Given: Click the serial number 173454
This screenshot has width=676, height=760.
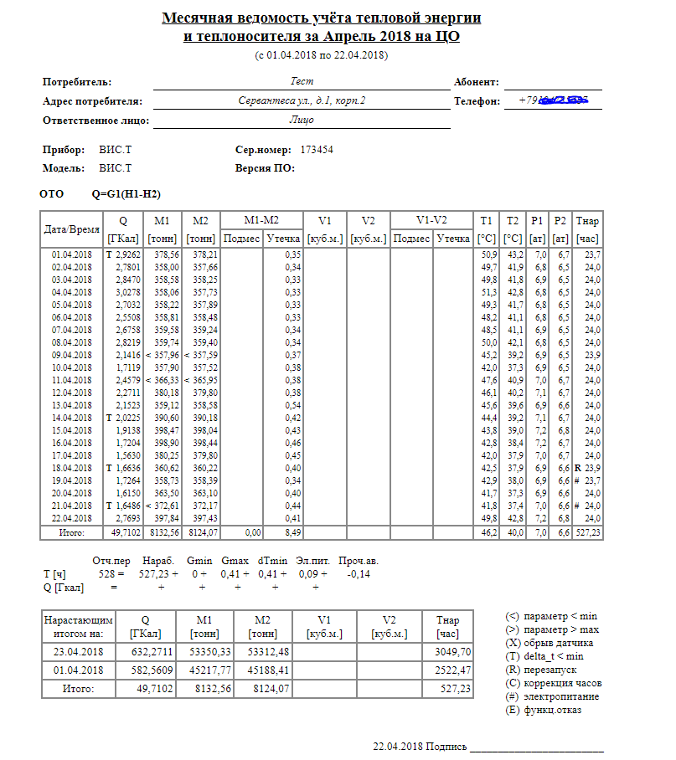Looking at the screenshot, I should pyautogui.click(x=317, y=151).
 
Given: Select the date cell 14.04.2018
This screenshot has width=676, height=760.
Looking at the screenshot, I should pyautogui.click(x=72, y=418).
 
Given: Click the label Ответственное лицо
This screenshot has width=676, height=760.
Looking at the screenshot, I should pyautogui.click(x=95, y=121).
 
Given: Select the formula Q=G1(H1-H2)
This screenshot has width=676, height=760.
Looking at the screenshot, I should pyautogui.click(x=126, y=194).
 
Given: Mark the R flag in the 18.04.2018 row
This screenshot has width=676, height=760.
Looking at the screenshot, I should pyautogui.click(x=578, y=468).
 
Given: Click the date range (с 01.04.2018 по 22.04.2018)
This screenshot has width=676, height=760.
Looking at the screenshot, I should pyautogui.click(x=321, y=55).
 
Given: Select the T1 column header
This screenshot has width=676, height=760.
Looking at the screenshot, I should pyautogui.click(x=487, y=221).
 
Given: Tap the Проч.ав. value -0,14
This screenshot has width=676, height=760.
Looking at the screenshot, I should pyautogui.click(x=359, y=574).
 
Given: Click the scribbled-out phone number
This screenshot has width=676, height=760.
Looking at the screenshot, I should pyautogui.click(x=554, y=101).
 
